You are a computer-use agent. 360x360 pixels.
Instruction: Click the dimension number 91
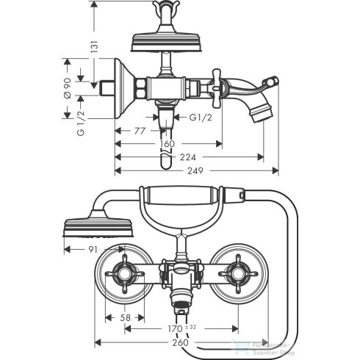pyautogui.click(x=93, y=249)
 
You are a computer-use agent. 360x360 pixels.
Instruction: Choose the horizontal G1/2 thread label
pyautogui.click(x=201, y=118)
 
